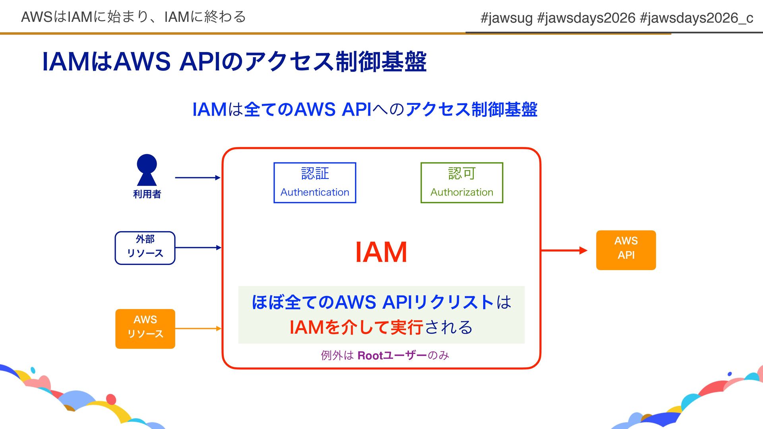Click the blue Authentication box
tap(315, 183)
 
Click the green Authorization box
tap(462, 183)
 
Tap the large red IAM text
tap(381, 252)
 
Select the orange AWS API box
tap(626, 250)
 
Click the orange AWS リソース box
tap(145, 329)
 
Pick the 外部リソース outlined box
tap(145, 248)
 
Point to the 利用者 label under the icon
tap(147, 194)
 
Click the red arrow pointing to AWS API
tap(564, 250)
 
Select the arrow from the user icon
tap(198, 178)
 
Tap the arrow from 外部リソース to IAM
tap(198, 247)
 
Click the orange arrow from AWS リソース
tap(198, 329)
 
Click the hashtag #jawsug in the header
tap(506, 18)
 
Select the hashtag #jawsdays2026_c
tap(696, 18)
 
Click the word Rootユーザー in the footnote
tap(392, 355)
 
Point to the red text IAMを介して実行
tap(356, 327)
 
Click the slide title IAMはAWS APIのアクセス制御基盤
tap(234, 62)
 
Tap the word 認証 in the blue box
tap(315, 174)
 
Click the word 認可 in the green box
tap(462, 174)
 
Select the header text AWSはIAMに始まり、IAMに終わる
tap(134, 17)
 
